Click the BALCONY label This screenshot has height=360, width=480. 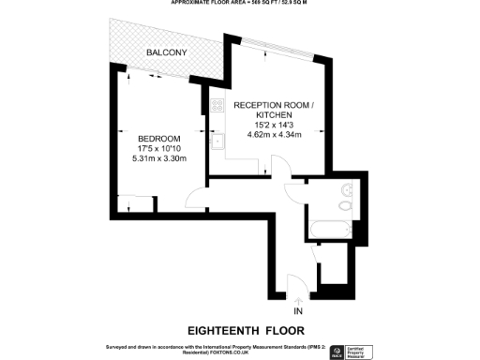click(x=166, y=52)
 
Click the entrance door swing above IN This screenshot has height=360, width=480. click(x=292, y=283)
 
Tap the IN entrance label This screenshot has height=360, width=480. click(x=298, y=310)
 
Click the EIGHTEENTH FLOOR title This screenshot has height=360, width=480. click(x=239, y=330)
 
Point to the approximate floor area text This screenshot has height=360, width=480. click(x=239, y=3)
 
